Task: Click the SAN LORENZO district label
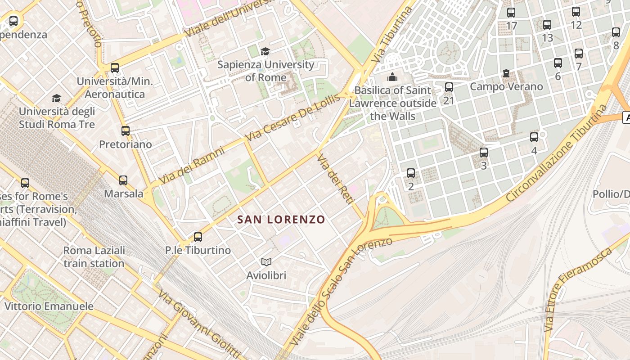(281, 220)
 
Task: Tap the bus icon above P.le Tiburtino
(198, 237)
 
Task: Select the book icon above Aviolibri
(266, 262)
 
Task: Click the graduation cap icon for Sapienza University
(265, 51)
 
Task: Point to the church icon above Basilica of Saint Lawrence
(392, 77)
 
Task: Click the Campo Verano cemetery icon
(506, 73)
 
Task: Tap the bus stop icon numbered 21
(449, 87)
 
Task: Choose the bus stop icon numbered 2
(410, 173)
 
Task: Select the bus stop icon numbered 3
(484, 153)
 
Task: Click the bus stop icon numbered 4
(534, 137)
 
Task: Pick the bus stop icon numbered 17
(511, 13)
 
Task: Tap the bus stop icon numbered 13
(547, 25)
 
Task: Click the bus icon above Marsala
(123, 180)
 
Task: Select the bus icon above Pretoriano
(126, 131)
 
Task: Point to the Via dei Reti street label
(334, 179)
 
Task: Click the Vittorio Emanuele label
(49, 306)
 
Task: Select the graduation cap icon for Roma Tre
(56, 98)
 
